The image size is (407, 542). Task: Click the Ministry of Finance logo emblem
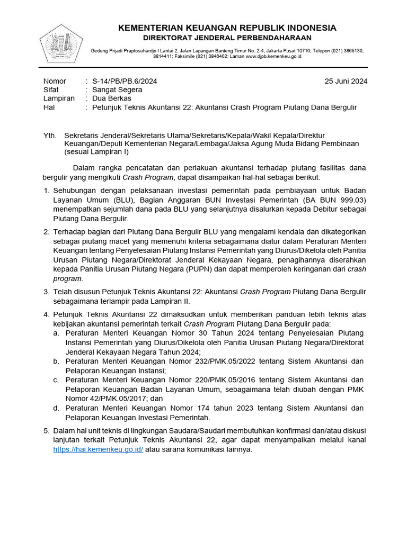coord(61,43)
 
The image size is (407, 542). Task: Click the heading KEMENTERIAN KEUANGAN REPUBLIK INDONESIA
coord(227,28)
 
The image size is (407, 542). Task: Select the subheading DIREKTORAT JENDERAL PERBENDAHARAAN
coord(227,38)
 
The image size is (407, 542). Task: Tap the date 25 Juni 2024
coord(346,81)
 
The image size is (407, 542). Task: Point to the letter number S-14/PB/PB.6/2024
coord(125,81)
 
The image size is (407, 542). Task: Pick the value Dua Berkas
coord(112,98)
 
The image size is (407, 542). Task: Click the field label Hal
coord(48,107)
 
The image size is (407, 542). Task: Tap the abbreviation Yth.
coord(49,135)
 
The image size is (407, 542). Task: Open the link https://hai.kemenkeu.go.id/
coord(98,450)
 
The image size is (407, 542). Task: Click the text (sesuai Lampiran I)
coord(96,152)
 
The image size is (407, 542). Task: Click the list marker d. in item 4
coord(56,408)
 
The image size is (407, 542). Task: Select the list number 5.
coord(46,431)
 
